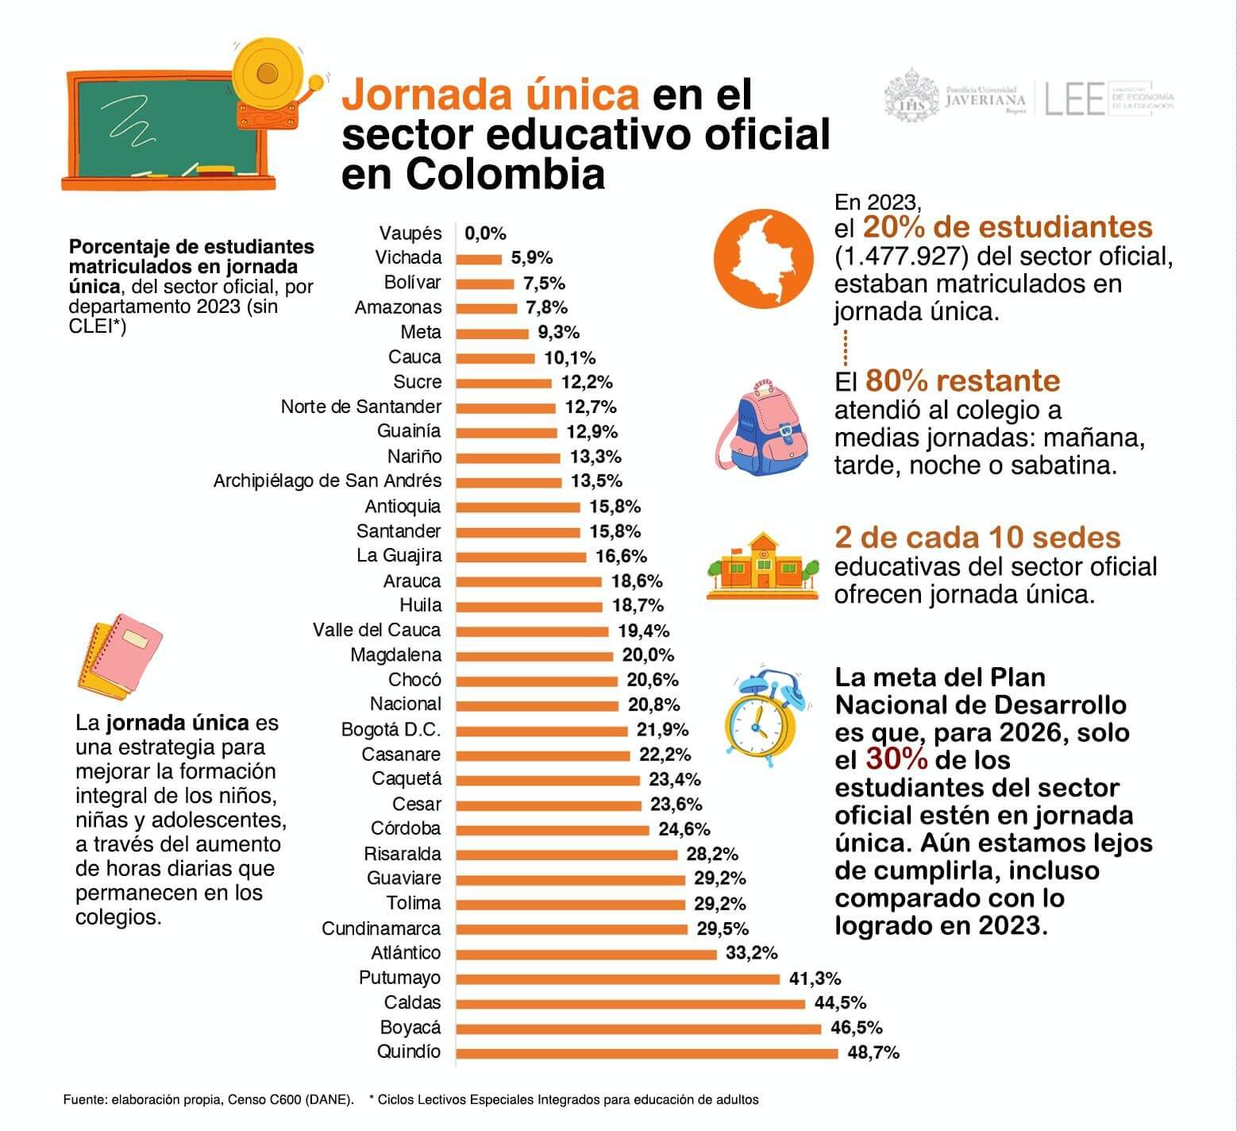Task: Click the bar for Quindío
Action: coord(646,1053)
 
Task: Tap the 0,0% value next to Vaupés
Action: coord(485,234)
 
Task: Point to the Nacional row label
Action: coord(405,704)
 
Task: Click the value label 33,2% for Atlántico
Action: coord(751,953)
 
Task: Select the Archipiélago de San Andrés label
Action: coord(327,481)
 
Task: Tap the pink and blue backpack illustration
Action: coord(763,430)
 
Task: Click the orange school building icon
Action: coord(763,565)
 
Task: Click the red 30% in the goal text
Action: coord(896,760)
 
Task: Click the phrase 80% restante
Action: coord(962,380)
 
